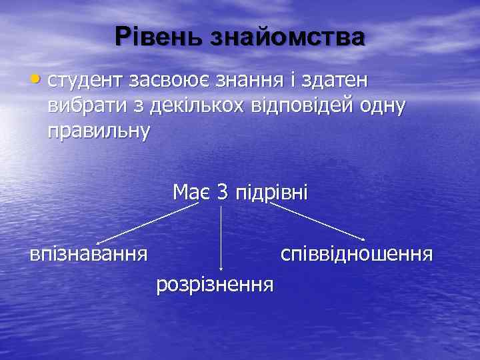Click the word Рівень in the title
click(x=157, y=37)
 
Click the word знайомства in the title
click(x=288, y=37)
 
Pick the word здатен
click(x=338, y=81)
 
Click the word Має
click(x=192, y=193)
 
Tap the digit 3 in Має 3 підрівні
click(x=223, y=193)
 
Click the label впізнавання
click(x=88, y=255)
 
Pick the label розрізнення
click(x=215, y=285)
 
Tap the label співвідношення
click(x=357, y=255)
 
